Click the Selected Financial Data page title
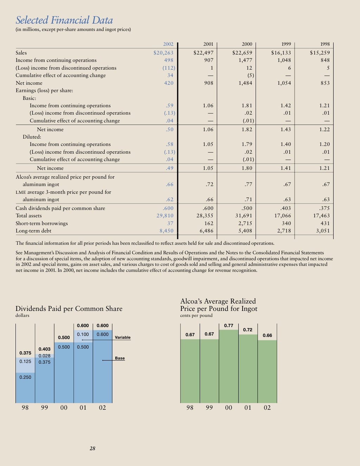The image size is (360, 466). tap(64, 20)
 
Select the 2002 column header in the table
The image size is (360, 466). tap(168, 44)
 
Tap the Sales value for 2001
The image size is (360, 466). tap(203, 53)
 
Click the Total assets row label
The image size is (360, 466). tap(28, 216)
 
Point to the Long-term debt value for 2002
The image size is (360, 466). tap(166, 231)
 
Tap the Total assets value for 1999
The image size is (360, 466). tap(282, 216)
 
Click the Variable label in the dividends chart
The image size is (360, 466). tap(122, 337)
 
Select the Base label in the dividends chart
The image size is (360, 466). tap(120, 358)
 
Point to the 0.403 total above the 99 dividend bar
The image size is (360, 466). tap(44, 349)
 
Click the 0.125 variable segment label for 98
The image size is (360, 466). tap(25, 361)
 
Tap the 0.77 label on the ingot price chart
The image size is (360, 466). tap(229, 325)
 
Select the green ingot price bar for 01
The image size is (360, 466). tap(248, 369)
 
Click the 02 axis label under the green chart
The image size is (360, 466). tap(267, 408)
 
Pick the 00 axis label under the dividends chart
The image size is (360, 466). tap(64, 408)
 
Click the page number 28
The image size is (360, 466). tap(92, 448)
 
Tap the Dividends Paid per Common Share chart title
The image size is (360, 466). tap(69, 308)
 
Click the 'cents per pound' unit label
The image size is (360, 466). tap(196, 315)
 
